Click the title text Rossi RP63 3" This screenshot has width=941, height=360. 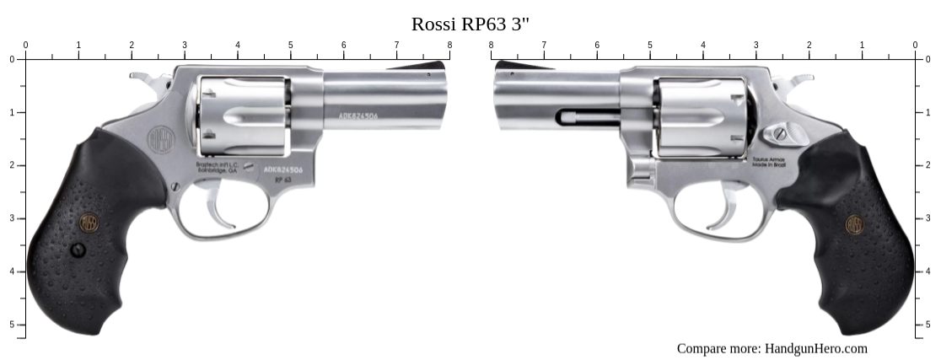tap(470, 24)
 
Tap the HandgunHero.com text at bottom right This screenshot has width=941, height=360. tap(772, 348)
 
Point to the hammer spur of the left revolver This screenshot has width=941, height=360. tap(140, 77)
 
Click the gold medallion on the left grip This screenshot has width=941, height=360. tap(89, 223)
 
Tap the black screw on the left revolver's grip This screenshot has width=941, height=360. tap(78, 250)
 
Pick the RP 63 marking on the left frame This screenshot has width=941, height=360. tap(288, 180)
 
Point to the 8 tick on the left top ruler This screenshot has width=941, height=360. tap(449, 58)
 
